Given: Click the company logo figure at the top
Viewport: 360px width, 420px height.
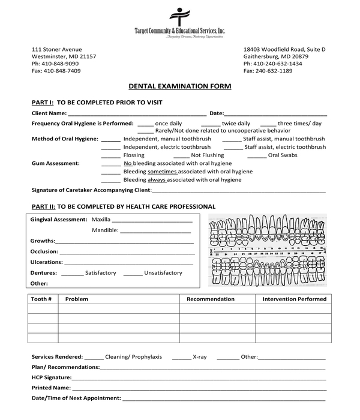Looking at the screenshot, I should tap(179, 16).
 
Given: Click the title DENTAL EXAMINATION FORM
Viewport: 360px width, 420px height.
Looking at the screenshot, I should tap(179, 86).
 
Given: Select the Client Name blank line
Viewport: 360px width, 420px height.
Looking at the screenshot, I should tap(137, 113).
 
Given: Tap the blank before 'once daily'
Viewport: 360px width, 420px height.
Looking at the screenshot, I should tap(145, 123).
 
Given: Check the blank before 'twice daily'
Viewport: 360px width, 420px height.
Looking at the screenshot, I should tap(211, 123).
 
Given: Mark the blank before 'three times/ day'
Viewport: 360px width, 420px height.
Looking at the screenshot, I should tap(268, 123).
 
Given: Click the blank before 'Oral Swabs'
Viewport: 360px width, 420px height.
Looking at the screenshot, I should tap(257, 155).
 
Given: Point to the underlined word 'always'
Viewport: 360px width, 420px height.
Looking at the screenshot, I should tap(157, 179).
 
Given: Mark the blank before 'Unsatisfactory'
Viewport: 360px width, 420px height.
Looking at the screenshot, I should tap(133, 273).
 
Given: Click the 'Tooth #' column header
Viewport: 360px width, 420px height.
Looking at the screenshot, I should tap(41, 299).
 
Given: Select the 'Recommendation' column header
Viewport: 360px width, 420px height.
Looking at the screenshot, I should tap(211, 299).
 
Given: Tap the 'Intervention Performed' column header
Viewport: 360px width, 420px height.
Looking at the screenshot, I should tap(294, 299).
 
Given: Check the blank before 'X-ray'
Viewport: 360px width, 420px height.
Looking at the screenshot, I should tap(181, 357).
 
